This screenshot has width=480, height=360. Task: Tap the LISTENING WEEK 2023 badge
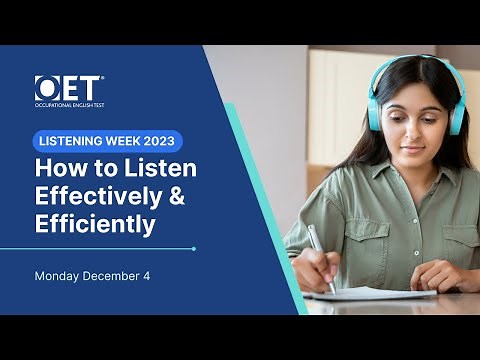109,141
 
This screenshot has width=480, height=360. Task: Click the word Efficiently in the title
95,225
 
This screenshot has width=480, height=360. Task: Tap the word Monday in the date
59,275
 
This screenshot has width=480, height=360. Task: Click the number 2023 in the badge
159,141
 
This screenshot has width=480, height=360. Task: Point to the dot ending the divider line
193,248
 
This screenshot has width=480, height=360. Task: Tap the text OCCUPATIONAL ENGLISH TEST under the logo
69,105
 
